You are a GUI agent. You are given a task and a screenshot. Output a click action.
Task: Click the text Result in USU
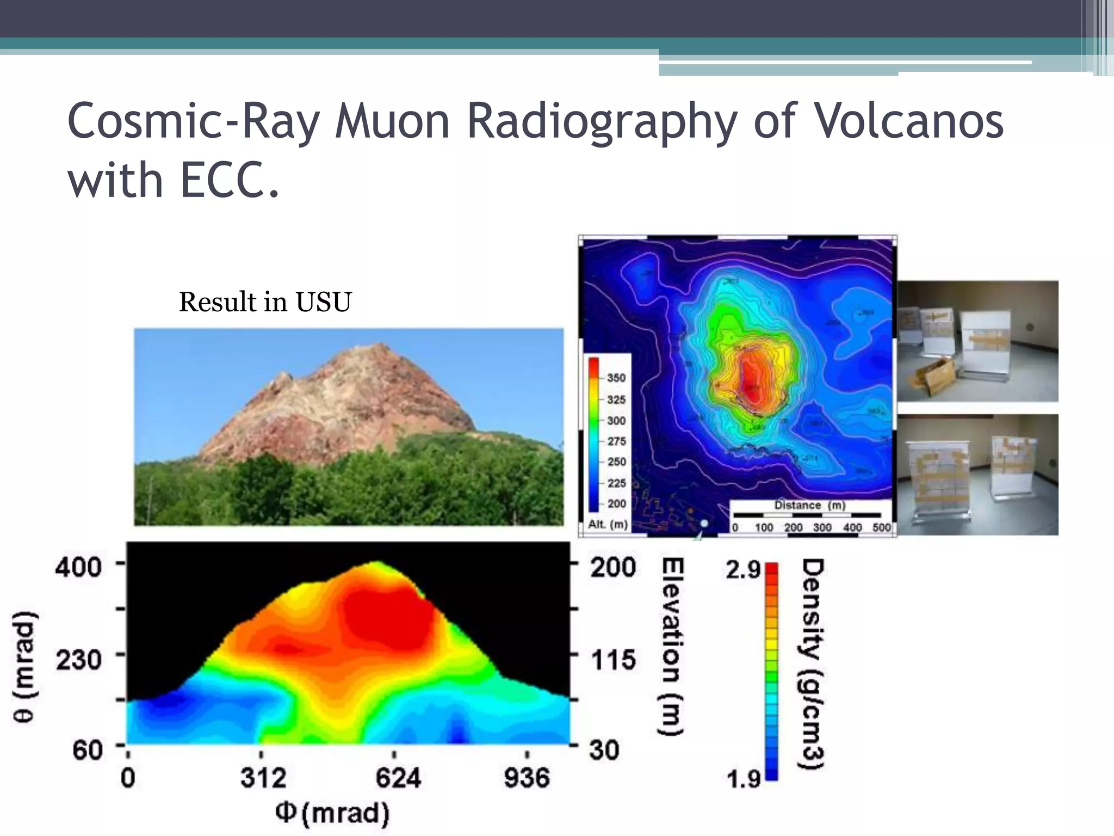[x=265, y=302]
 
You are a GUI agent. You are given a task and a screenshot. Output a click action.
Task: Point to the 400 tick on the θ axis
[x=79, y=567]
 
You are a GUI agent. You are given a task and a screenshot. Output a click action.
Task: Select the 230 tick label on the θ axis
[x=79, y=660]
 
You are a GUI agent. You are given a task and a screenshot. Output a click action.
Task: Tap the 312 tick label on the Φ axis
[x=263, y=778]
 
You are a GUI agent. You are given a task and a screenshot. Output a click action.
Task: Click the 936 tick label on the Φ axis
[x=527, y=778]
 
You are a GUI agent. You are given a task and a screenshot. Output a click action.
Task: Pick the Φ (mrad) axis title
[x=332, y=813]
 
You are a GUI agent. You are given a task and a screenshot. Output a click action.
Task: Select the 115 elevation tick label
[x=613, y=660]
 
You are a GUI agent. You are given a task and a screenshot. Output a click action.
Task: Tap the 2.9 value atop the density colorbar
[x=743, y=570]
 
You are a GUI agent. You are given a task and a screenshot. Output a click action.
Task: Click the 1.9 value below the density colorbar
[x=743, y=779]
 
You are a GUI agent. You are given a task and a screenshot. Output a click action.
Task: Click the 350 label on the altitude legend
[x=616, y=378]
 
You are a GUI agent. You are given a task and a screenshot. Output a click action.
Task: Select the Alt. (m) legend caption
[x=608, y=525]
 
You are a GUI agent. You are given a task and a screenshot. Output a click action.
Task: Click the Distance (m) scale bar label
[x=809, y=505]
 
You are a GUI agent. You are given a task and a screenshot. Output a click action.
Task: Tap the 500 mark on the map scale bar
[x=881, y=527]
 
